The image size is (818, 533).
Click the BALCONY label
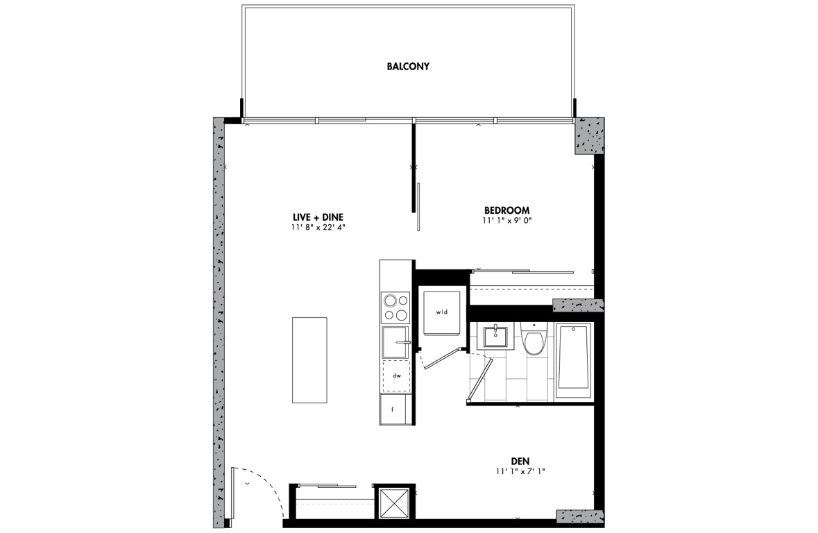408,67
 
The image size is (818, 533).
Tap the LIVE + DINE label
318,217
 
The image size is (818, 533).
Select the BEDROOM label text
506,210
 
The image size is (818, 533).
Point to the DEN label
520,461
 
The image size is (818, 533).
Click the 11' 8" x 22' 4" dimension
318,227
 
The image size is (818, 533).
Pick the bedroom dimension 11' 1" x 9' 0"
506,220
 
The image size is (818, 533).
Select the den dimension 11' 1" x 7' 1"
520,471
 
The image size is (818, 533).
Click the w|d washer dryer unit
442,312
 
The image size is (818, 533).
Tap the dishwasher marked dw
396,375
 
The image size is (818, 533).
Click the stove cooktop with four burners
395,307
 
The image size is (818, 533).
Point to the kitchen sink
395,342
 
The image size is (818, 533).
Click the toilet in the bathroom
534,339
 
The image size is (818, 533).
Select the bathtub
574,357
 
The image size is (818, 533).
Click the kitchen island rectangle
309,359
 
